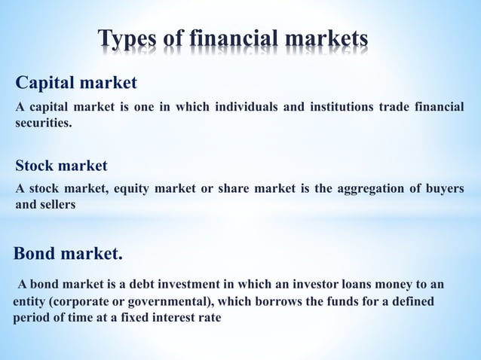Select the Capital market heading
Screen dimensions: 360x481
(76, 81)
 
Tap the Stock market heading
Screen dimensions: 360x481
(62, 165)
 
